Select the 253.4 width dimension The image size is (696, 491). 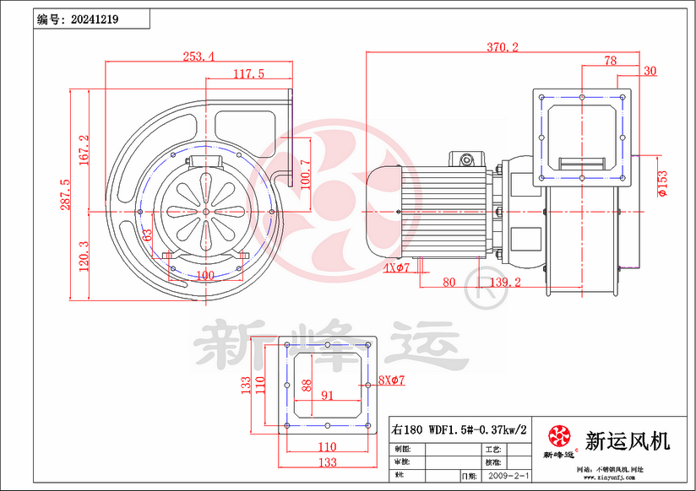pyautogui.click(x=198, y=57)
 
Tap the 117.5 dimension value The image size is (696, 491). pyautogui.click(x=248, y=74)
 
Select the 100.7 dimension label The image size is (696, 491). pyautogui.click(x=306, y=174)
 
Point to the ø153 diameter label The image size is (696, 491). pyautogui.click(x=662, y=183)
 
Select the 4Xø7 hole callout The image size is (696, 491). pyautogui.click(x=396, y=268)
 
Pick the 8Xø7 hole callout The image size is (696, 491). pyautogui.click(x=392, y=380)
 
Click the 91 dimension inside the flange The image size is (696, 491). pyautogui.click(x=327, y=394)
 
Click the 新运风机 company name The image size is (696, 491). pyautogui.click(x=627, y=440)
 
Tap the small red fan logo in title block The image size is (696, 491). pyautogui.click(x=559, y=436)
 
